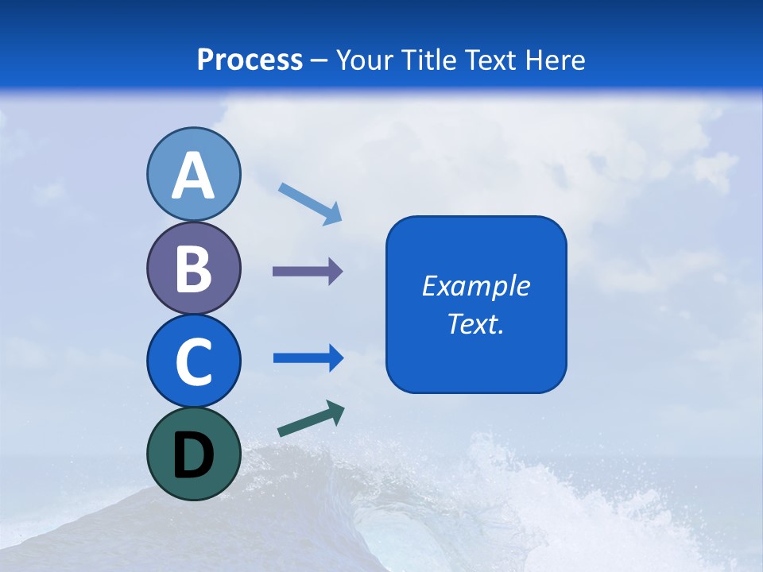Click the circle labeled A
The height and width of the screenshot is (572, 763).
coord(193,174)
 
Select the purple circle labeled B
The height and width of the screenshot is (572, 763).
coord(193,268)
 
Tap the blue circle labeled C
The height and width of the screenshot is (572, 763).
coord(193,361)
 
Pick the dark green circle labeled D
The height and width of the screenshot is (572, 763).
coord(193,454)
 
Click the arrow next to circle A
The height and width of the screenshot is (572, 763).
coord(310,203)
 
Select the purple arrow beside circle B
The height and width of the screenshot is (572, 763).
coord(308,272)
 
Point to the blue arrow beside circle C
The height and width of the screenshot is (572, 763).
coord(308,358)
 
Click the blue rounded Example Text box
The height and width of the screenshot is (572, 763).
coord(476,304)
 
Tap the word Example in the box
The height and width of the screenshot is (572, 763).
coord(476,286)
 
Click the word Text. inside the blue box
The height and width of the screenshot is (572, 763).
coord(476,323)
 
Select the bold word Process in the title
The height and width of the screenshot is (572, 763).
coord(250,60)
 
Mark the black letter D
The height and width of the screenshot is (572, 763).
coord(193,455)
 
